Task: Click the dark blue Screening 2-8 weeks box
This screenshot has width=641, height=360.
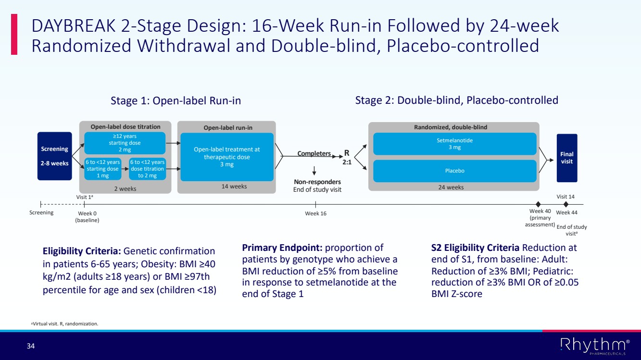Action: coord(54,156)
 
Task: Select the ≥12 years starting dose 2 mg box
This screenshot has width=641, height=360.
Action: coord(125,143)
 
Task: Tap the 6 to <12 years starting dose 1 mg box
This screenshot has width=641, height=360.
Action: coord(102,169)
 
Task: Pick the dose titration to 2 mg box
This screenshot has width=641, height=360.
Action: coord(147,169)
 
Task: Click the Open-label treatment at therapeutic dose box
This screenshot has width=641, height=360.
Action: coord(226,157)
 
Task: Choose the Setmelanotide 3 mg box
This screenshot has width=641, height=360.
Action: coord(454,144)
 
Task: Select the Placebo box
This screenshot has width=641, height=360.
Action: coord(454,171)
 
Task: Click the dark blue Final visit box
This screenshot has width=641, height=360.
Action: coord(566,158)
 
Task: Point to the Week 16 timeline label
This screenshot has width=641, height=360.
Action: coord(315,213)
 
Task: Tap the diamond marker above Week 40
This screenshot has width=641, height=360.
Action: coord(538,204)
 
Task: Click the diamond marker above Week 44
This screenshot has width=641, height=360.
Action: coord(566,204)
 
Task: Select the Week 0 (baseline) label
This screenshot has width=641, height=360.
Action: coord(87,217)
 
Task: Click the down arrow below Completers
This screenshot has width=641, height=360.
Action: coord(314,170)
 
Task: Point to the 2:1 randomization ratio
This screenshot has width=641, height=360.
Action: coord(347,163)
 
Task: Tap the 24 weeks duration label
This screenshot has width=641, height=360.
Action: coord(451,187)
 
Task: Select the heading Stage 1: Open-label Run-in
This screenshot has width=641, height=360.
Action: coord(176,100)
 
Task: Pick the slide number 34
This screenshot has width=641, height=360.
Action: coord(31,346)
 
